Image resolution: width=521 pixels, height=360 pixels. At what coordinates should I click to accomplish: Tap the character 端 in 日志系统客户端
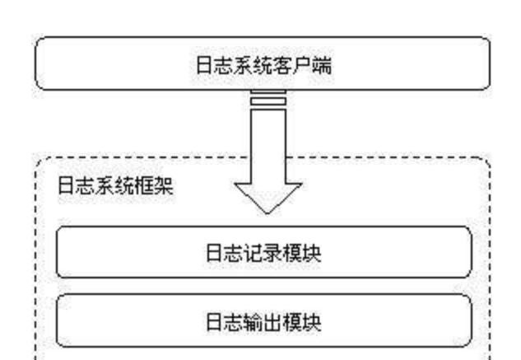click(x=322, y=65)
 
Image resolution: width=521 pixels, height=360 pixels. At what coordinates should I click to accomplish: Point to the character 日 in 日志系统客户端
click(x=204, y=65)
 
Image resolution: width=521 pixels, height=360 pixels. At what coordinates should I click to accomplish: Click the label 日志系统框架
click(x=115, y=185)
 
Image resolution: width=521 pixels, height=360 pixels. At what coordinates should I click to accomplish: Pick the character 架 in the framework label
click(x=164, y=185)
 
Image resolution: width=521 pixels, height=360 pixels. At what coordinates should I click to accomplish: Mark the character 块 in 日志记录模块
click(x=312, y=253)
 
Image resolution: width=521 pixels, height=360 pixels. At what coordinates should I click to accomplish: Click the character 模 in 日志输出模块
click(x=293, y=322)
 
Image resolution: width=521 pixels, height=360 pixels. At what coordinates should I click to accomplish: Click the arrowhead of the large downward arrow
click(x=268, y=198)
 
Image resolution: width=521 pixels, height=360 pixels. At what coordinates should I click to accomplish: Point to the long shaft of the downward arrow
click(x=268, y=146)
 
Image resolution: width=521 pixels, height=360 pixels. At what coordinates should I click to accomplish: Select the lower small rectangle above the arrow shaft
click(x=268, y=101)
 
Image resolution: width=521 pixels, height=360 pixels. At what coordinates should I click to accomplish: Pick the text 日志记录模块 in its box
click(x=264, y=253)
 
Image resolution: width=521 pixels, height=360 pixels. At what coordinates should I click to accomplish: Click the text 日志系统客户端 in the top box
click(x=264, y=65)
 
